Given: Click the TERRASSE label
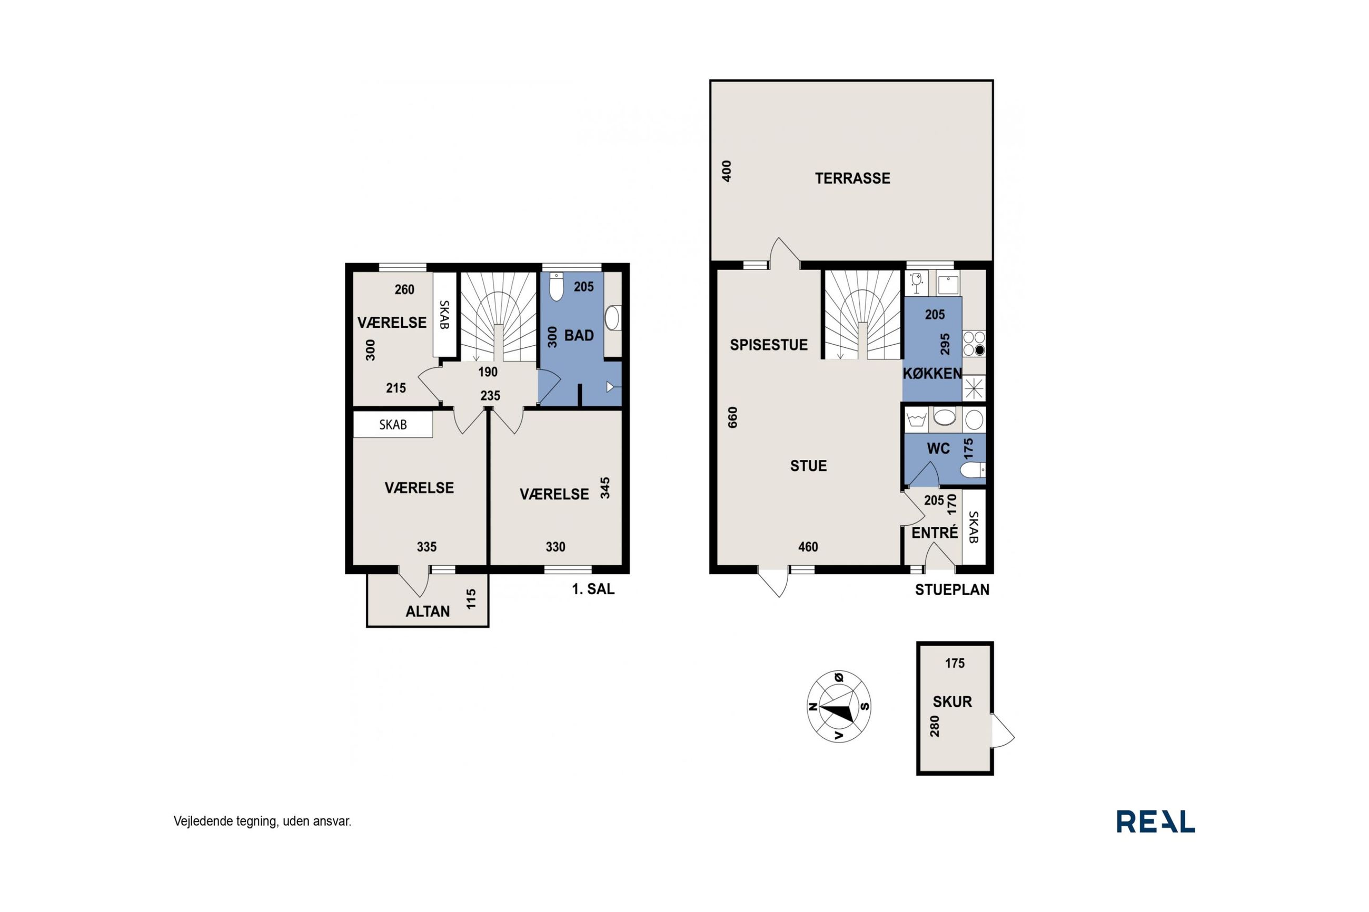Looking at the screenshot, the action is coord(852,178).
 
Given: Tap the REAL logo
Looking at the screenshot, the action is coord(1155,821).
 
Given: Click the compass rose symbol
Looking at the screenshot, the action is coord(838,706).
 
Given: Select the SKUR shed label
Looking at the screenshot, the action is coord(952,701).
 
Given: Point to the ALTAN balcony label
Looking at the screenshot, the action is coord(428,612).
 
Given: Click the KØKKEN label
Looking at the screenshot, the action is coord(932,374).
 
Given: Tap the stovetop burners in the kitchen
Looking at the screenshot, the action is coord(974,343).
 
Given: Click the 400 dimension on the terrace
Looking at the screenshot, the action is coord(727,171).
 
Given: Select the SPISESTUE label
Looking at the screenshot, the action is coord(769,345).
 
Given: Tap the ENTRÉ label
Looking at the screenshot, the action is coord(935,533).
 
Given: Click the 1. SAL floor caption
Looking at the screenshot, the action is coord(593,589).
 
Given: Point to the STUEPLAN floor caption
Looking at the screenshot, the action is coord(952,590).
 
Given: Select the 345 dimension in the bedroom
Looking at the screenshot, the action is coord(605,488).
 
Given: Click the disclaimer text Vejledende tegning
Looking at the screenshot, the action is coord(226,821).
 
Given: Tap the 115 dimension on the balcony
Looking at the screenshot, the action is coord(471,599).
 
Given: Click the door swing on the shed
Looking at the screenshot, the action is coord(1002,730).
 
